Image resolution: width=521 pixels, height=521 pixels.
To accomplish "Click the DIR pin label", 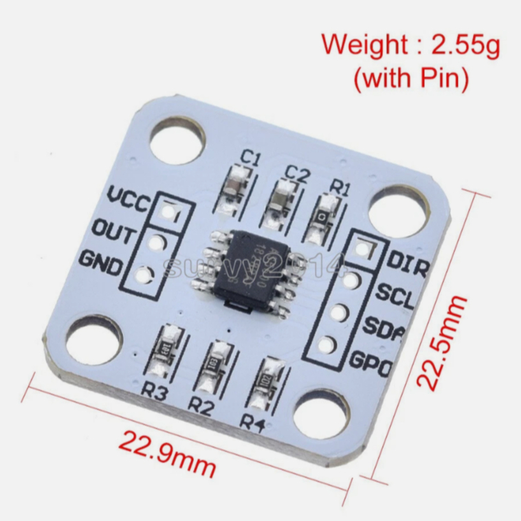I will point(406,264).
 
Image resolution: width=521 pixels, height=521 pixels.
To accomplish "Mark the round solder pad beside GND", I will point(144,276).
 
